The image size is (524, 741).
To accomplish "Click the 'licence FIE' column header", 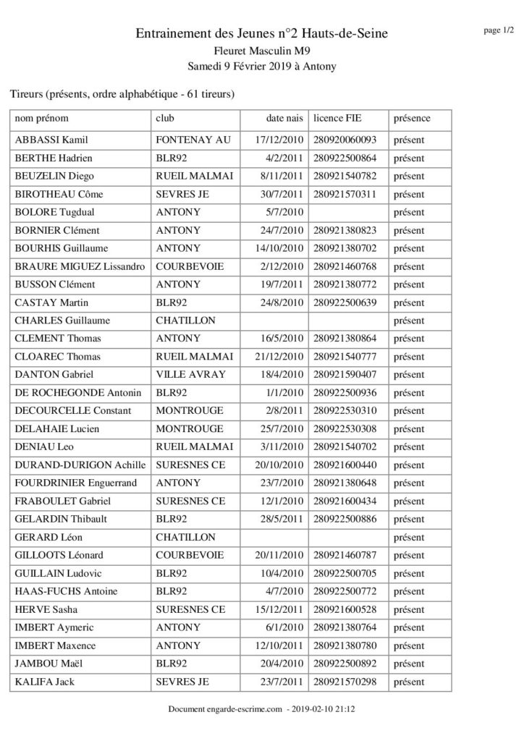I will tap(338, 118).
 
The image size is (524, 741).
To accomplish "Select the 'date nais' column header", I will tap(284, 118).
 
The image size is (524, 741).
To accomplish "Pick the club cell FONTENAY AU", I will tap(193, 140).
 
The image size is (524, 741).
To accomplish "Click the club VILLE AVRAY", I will tap(190, 375).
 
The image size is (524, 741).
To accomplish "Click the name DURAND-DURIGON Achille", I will tap(80, 465).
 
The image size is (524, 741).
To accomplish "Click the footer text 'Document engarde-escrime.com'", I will tap(224, 711).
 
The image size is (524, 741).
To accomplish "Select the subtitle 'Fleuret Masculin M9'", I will tap(261, 51).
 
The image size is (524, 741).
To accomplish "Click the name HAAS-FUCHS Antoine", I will tap(66, 592).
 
